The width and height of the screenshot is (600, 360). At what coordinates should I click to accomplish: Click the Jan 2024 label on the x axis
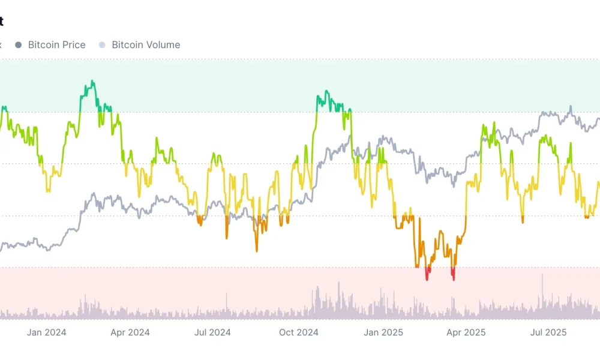46,332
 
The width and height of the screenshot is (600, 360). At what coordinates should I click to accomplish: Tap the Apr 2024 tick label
130,332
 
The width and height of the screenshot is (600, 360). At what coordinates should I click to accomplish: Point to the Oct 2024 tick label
299,332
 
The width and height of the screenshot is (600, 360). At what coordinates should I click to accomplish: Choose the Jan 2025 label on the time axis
383,332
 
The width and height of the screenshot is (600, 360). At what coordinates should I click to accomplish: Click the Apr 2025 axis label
466,332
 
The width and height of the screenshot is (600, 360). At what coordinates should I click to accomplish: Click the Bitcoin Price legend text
56,45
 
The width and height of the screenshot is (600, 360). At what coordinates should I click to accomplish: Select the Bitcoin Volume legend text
146,45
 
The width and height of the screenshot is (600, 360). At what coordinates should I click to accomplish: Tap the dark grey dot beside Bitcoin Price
19,45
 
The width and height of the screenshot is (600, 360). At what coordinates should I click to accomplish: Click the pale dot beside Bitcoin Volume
102,45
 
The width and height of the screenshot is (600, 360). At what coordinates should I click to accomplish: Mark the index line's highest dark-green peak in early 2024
92,81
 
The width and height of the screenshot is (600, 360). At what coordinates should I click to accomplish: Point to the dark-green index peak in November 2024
326,91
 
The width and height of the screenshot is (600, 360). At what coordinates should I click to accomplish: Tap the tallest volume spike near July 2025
542,275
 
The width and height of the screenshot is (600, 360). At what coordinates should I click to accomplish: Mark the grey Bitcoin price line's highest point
571,107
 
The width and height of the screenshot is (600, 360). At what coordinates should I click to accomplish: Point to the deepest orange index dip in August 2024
256,250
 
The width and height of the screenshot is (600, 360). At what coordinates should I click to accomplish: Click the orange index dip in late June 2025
523,223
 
